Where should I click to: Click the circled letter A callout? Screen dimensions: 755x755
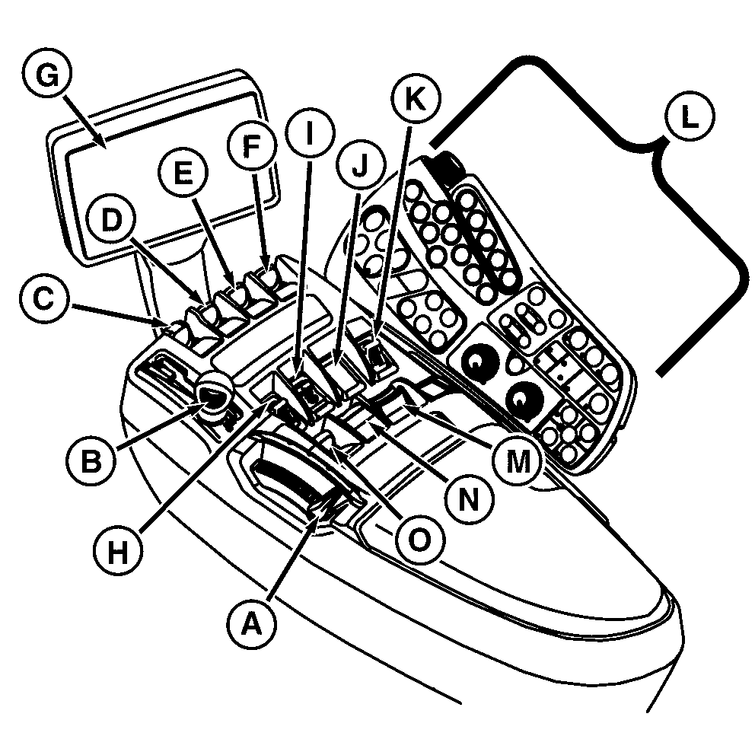252,626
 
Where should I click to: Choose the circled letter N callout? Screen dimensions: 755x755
470,500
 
